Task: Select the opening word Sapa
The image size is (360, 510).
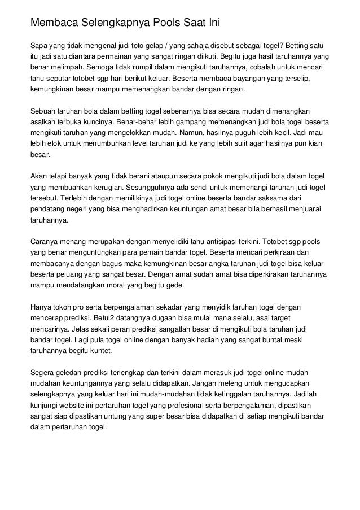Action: point(39,46)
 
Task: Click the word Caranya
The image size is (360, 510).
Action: point(45,242)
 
